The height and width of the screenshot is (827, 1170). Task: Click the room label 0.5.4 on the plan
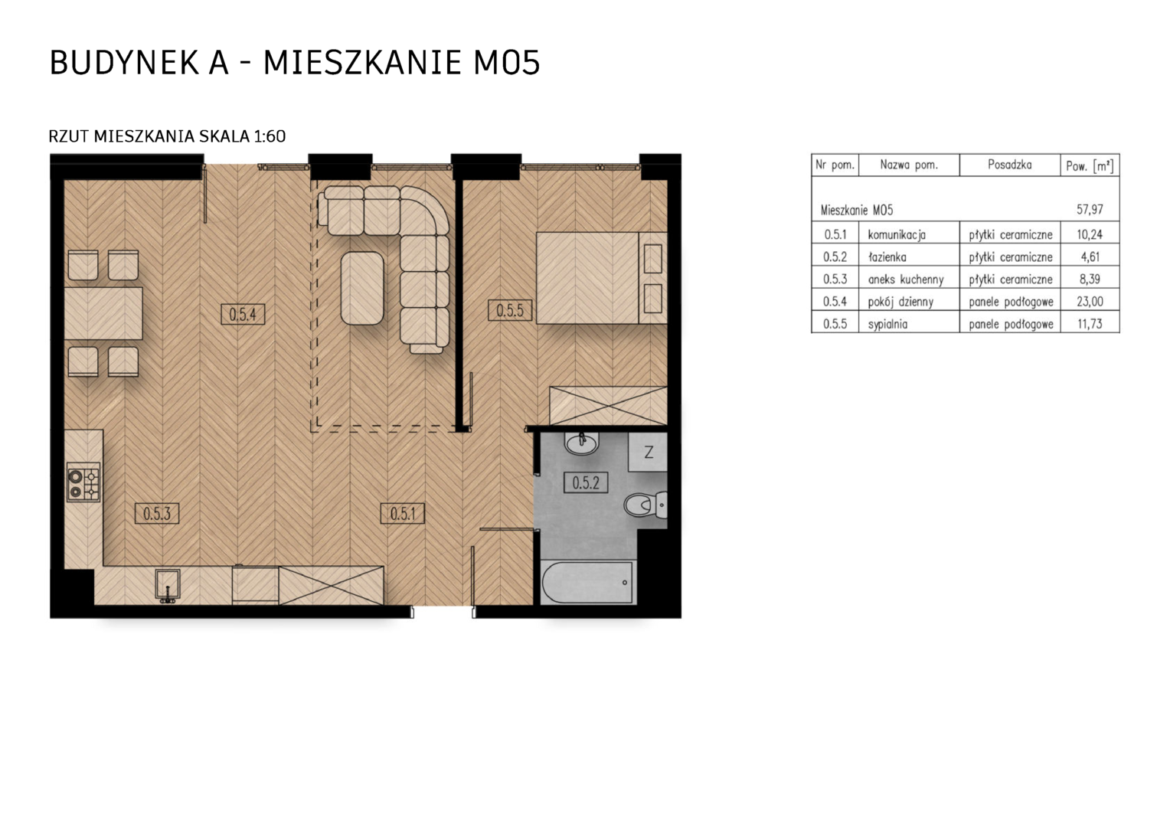click(x=243, y=315)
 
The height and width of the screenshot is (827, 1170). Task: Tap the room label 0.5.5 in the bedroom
click(x=510, y=310)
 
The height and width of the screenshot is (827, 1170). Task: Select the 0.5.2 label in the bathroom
click(x=586, y=482)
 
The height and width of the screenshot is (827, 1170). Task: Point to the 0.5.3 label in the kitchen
click(x=157, y=514)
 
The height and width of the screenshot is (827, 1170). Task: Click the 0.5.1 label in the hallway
click(x=402, y=514)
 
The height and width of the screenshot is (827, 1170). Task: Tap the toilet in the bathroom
click(x=645, y=505)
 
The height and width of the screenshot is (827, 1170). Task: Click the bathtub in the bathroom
click(x=588, y=582)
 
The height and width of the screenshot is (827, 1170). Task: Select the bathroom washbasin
click(x=581, y=443)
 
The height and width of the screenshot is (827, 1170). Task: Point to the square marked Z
click(x=649, y=452)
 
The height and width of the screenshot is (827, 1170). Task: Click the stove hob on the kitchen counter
click(x=83, y=482)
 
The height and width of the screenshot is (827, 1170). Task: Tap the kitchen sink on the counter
click(x=168, y=586)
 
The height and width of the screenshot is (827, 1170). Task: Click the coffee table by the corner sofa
click(x=362, y=289)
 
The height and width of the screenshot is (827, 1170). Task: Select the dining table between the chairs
click(x=103, y=313)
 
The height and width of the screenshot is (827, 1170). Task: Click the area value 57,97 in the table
click(x=1090, y=210)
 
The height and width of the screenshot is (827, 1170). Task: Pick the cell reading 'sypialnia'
click(x=887, y=325)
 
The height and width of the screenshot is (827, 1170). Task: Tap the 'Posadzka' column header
click(x=1010, y=165)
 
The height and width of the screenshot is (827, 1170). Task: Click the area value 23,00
click(x=1090, y=302)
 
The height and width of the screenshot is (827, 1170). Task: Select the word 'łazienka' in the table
click(x=887, y=257)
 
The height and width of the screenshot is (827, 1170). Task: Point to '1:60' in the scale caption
click(x=270, y=136)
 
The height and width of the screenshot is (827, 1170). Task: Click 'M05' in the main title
click(x=506, y=63)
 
